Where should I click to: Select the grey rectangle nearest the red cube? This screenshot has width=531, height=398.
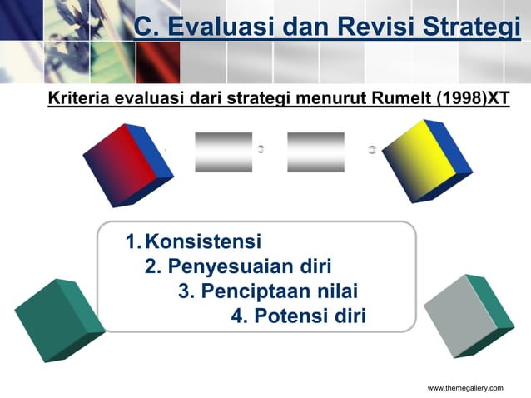click(223, 152)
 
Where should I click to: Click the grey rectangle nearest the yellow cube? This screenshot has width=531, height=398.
click(315, 152)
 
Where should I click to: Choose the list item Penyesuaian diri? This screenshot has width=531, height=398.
click(249, 267)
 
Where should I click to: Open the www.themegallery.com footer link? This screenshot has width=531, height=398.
click(465, 389)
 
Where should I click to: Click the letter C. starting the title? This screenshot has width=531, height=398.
click(147, 27)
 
